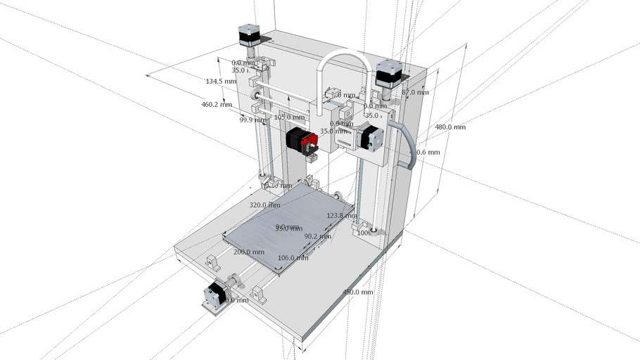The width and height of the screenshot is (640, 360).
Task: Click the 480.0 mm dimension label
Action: [x=450, y=127]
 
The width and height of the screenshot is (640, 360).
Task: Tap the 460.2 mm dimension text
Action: [x=217, y=105]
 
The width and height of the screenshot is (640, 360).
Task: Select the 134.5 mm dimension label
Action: [x=220, y=82]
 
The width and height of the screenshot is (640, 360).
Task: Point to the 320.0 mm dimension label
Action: [x=264, y=205]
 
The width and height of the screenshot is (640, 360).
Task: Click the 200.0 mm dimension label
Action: [x=249, y=252]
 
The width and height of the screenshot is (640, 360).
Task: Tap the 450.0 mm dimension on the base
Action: [x=357, y=292]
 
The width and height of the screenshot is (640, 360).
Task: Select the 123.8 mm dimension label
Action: [x=341, y=216]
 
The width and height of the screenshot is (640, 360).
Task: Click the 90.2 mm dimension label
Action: [x=317, y=237]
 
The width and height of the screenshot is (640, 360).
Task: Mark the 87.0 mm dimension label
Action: [x=415, y=92]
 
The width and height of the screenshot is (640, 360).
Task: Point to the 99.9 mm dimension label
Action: [x=251, y=120]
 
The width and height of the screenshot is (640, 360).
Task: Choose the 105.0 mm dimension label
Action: [x=288, y=117]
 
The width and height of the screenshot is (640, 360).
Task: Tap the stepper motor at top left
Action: [x=250, y=35]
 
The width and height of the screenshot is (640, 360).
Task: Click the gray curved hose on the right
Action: [x=409, y=144]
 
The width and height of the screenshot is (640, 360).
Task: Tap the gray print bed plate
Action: [x=281, y=225]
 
